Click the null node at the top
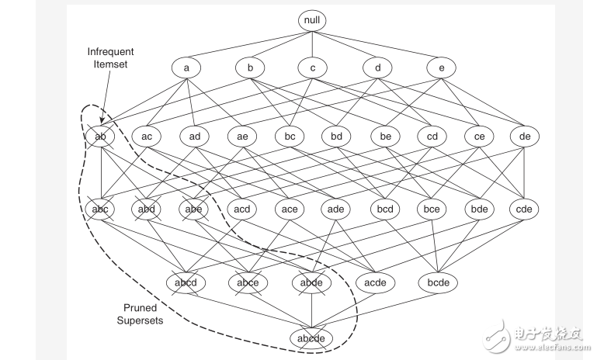coord(312,19)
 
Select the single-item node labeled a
coord(186,67)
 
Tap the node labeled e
coord(441,67)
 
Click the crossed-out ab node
coord(100,137)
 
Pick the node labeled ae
coord(242,137)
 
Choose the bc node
coord(290,137)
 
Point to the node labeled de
coord(524,137)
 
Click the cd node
coord(432,137)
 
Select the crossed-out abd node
coord(147,209)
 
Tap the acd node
coord(242,209)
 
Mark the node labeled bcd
coord(385,209)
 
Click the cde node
coord(524,209)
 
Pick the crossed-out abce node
coord(248,282)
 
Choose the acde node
coord(375,282)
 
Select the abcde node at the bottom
coord(311,338)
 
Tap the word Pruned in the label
coord(141,308)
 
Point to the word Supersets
coord(141,320)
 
